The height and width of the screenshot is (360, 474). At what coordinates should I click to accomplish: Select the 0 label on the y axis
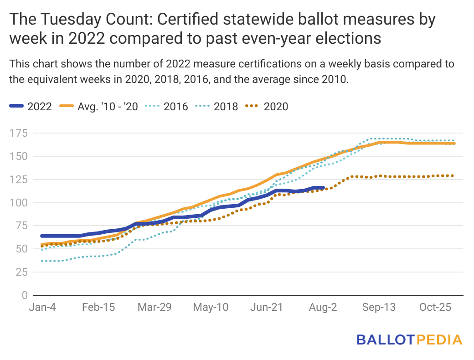tap(24, 295)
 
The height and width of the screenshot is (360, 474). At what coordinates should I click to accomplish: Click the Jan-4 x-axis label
tap(42, 308)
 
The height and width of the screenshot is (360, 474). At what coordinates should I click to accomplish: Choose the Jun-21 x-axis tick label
tap(266, 308)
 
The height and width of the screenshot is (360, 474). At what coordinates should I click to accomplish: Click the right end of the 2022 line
tap(323, 188)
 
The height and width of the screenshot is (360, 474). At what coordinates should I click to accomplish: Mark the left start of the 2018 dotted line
tap(42, 261)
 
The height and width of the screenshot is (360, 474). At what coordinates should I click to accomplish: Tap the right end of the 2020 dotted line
tap(453, 175)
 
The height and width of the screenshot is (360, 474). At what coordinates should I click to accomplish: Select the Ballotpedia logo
tap(409, 339)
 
